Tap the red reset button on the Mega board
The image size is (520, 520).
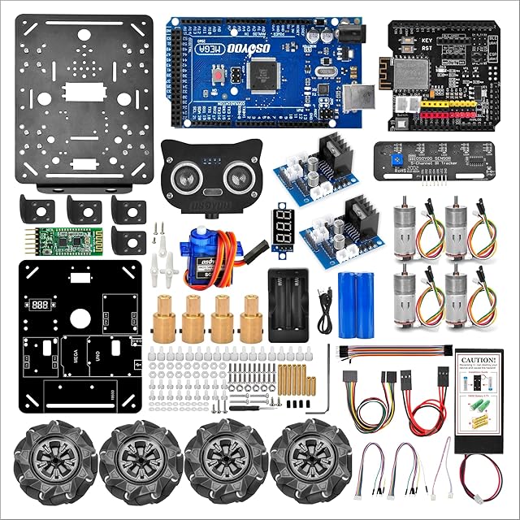pyautogui.click(x=219, y=76)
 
